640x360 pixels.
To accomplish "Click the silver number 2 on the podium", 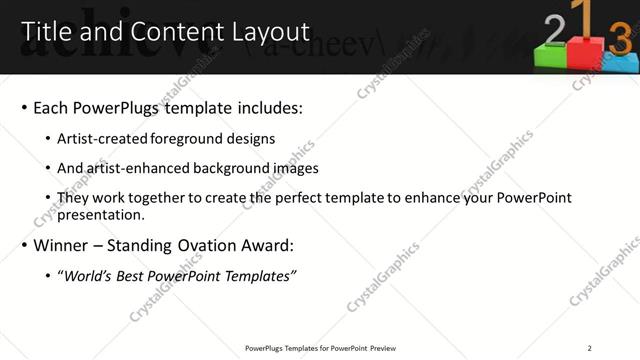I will (553, 33).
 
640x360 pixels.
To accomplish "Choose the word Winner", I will (61, 245).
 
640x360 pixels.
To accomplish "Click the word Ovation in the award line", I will (205, 245).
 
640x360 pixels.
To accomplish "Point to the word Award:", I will (270, 245).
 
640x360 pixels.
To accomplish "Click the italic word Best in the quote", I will (137, 276).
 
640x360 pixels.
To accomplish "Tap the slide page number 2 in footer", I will (591, 348).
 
